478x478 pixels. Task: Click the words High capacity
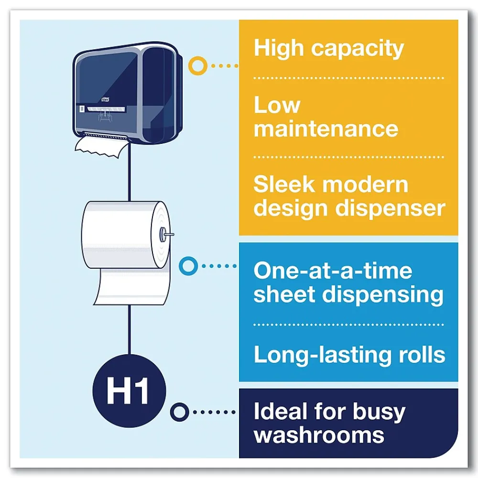pyautogui.click(x=329, y=49)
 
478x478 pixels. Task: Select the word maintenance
pyautogui.click(x=326, y=129)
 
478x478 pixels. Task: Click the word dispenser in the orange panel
pyautogui.click(x=390, y=209)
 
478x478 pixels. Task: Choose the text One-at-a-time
pyautogui.click(x=333, y=271)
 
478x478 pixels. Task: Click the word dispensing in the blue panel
pyautogui.click(x=382, y=295)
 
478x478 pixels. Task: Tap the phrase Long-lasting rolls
pyautogui.click(x=349, y=355)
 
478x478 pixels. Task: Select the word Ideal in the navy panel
pyautogui.click(x=281, y=412)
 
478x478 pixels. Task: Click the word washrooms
pyautogui.click(x=319, y=435)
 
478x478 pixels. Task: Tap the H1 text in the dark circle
pyautogui.click(x=128, y=391)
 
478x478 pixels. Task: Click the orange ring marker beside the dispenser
pyautogui.click(x=198, y=65)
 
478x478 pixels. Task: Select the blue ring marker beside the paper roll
pyautogui.click(x=188, y=266)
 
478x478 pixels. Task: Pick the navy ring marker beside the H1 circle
pyautogui.click(x=180, y=412)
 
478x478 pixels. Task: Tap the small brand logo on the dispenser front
pyautogui.click(x=106, y=99)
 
